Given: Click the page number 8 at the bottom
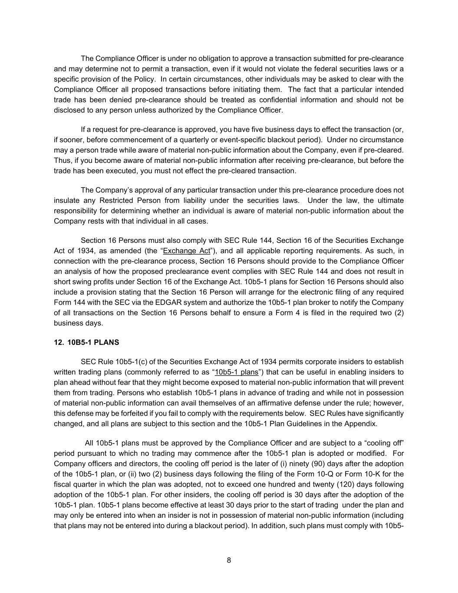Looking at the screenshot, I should (229, 560).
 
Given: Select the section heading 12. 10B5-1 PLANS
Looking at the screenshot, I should (86, 342).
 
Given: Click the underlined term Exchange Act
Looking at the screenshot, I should (186, 251).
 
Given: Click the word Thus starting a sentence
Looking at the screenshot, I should (62, 160).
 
